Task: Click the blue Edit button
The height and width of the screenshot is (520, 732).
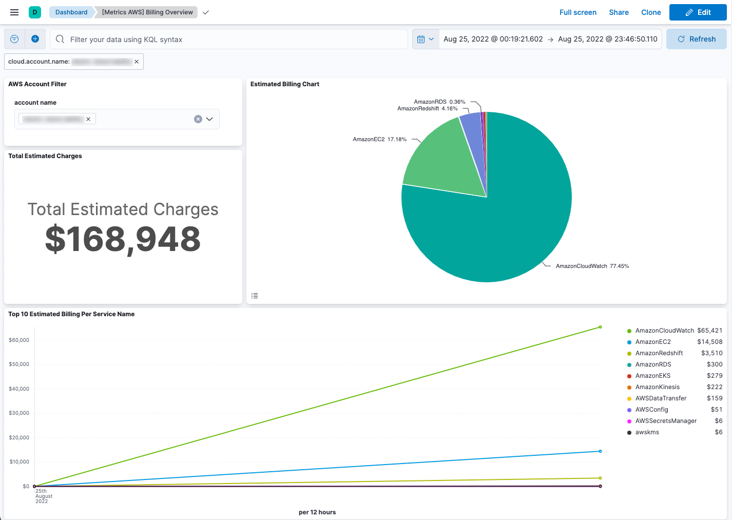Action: point(698,12)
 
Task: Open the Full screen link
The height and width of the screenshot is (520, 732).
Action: point(577,12)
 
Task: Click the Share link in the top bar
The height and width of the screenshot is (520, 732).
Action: point(619,12)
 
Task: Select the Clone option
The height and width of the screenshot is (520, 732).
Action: point(651,12)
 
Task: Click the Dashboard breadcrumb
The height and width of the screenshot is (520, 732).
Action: point(71,12)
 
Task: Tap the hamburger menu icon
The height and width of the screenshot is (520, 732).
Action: point(14,12)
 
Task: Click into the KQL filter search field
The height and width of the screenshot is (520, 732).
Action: point(231,40)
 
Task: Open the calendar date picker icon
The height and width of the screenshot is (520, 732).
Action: point(421,39)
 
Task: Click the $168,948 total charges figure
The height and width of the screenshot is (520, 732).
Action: point(123,239)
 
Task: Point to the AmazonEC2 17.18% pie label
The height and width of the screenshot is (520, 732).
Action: point(379,139)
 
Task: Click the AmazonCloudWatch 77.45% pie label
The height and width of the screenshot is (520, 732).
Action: point(592,266)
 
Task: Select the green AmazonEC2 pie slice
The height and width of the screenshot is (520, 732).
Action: point(441,159)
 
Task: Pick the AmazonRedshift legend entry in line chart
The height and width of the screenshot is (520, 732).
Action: point(659,353)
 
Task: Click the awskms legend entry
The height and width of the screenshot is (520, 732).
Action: point(647,432)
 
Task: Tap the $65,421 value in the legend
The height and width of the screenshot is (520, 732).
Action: point(709,331)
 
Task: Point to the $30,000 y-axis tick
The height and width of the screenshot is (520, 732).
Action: point(19,413)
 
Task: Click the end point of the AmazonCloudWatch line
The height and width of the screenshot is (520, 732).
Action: point(600,327)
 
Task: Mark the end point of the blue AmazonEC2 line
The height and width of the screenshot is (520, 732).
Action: point(600,451)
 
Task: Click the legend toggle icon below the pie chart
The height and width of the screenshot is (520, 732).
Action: point(255,296)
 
